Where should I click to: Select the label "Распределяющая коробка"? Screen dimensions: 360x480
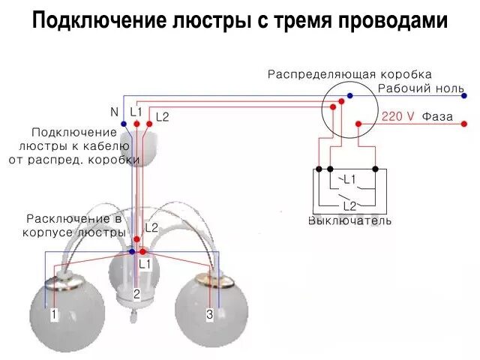[x=349, y=74]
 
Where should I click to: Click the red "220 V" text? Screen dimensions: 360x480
[x=397, y=117]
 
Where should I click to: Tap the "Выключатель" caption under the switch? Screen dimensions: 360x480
[x=349, y=221]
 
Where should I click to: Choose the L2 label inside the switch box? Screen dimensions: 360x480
[x=349, y=205]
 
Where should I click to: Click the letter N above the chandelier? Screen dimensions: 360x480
[x=115, y=112]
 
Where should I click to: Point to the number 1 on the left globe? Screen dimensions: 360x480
[x=54, y=315]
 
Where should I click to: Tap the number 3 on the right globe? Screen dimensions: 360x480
[x=210, y=315]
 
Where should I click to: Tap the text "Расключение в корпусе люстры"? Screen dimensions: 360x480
[x=74, y=226]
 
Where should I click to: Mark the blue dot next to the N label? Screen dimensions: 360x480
[x=123, y=123]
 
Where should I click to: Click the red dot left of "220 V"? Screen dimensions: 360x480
[x=358, y=123]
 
